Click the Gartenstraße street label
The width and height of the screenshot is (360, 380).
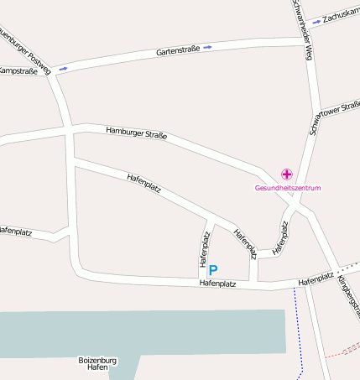click(x=178, y=50)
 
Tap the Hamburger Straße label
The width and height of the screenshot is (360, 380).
click(x=137, y=133)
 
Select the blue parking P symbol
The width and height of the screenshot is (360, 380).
click(x=213, y=270)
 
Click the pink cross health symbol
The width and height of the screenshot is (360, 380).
click(x=287, y=174)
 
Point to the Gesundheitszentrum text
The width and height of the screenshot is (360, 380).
click(x=288, y=188)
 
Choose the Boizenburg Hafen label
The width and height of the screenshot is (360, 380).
click(x=97, y=364)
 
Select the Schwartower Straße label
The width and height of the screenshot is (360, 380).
click(x=334, y=109)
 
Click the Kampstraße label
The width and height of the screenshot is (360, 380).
click(x=18, y=71)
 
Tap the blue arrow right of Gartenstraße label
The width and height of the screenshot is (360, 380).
click(x=207, y=47)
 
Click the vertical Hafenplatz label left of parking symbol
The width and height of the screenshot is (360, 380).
click(x=204, y=249)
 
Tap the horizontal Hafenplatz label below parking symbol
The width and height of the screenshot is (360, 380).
click(x=217, y=284)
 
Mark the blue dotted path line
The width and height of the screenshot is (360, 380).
click(x=297, y=331)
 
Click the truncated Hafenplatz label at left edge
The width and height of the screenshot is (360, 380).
click(x=14, y=230)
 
